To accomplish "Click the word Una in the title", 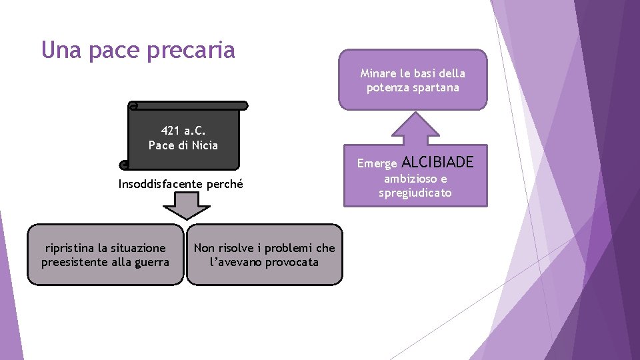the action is pyautogui.click(x=58, y=50).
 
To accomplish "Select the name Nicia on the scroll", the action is pyautogui.click(x=203, y=145).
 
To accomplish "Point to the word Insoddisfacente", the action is pyautogui.click(x=158, y=184).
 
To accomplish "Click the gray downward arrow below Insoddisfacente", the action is pyautogui.click(x=187, y=205).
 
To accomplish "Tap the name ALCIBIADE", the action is pyautogui.click(x=438, y=162).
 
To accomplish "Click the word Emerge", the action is pyautogui.click(x=377, y=163).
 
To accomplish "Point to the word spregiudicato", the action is pyautogui.click(x=415, y=193).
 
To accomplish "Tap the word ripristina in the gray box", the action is pyautogui.click(x=72, y=248).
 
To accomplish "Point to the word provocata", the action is pyautogui.click(x=291, y=262).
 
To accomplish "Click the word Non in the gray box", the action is pyautogui.click(x=204, y=248).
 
